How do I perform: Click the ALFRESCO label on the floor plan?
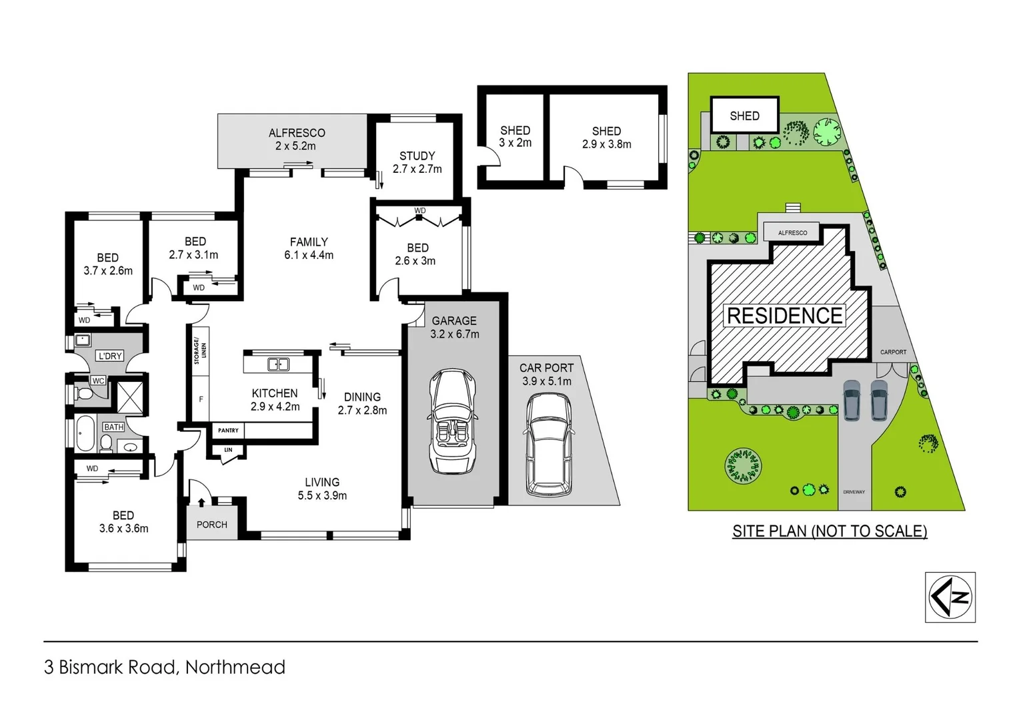tap(297, 133)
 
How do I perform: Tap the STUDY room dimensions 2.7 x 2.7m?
tap(417, 170)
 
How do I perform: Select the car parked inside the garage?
tap(453, 421)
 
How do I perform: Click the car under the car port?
tap(548, 444)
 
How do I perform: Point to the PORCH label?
tap(212, 525)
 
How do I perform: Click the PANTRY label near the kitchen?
tap(228, 431)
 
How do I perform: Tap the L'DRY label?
tap(110, 356)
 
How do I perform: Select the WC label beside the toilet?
tap(98, 381)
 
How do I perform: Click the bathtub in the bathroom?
tap(85, 434)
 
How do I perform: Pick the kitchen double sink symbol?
tap(278, 364)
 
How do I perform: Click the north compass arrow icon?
tap(950, 597)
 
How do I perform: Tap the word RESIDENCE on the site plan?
tap(784, 316)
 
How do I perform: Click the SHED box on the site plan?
tap(744, 116)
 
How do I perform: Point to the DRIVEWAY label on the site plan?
tap(854, 492)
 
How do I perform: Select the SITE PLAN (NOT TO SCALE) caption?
tap(830, 531)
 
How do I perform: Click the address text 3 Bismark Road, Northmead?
tap(165, 667)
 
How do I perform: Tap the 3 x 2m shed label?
tap(515, 143)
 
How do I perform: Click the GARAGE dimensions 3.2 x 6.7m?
tap(455, 334)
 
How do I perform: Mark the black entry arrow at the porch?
tap(201, 502)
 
